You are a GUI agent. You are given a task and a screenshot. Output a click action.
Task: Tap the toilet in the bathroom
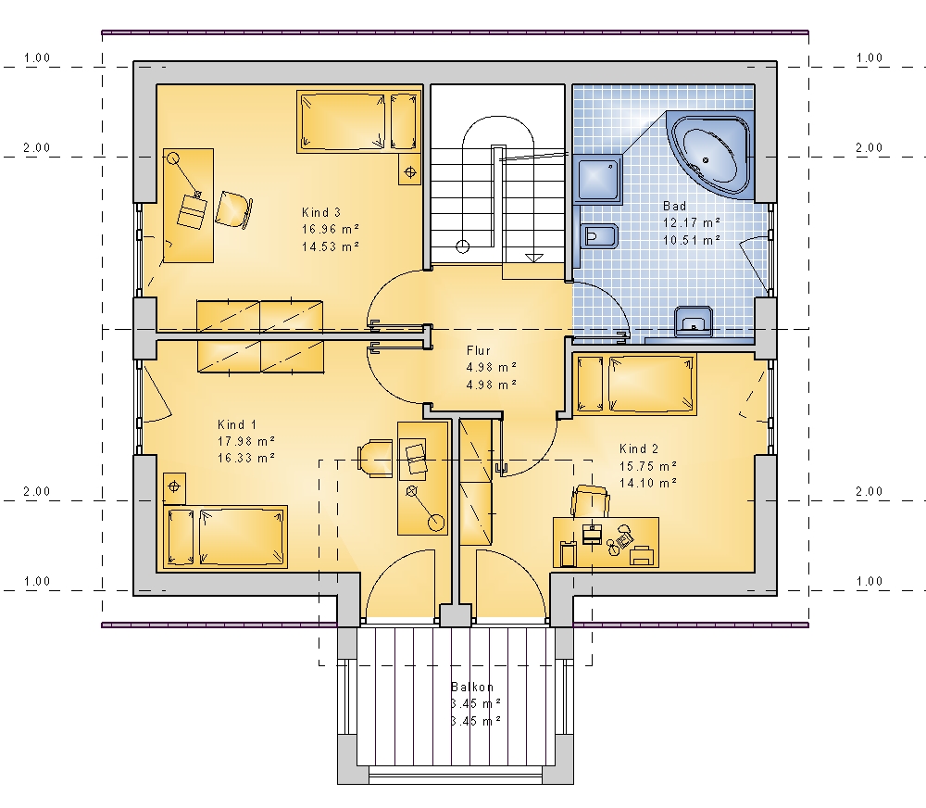click(598, 236)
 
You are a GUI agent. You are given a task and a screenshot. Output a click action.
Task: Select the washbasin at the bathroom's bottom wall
click(694, 322)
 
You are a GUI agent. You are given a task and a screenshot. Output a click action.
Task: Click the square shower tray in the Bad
click(597, 179)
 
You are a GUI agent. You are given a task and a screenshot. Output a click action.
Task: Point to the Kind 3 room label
click(321, 212)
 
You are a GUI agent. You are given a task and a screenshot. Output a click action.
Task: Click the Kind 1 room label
click(237, 424)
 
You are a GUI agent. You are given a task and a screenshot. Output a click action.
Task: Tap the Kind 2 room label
click(639, 448)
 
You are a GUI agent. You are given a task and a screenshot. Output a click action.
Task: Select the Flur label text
click(479, 350)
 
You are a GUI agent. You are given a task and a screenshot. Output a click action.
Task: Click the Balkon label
click(472, 687)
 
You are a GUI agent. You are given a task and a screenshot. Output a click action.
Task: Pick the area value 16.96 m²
click(331, 229)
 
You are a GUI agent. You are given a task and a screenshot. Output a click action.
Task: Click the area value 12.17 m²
click(692, 222)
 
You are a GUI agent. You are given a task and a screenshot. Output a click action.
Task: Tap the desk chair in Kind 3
click(234, 209)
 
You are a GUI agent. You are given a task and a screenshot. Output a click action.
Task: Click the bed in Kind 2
click(635, 385)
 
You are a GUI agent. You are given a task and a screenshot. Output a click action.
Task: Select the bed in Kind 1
click(226, 537)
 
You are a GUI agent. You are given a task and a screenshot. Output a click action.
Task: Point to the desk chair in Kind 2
click(590, 501)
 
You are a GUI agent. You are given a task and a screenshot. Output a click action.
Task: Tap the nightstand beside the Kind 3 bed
click(410, 170)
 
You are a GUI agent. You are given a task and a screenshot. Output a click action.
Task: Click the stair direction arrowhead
click(534, 258)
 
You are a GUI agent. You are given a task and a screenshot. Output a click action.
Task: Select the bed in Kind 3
click(358, 121)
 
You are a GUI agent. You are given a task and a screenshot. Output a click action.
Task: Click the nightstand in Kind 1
click(174, 487)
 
